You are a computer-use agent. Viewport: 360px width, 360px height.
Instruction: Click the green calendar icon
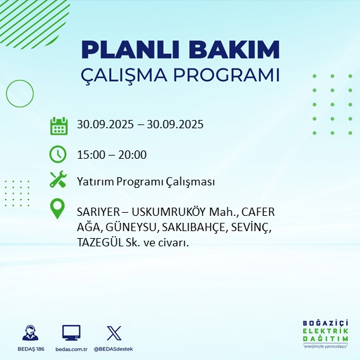58,125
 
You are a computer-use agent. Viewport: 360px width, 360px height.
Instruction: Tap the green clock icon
58,154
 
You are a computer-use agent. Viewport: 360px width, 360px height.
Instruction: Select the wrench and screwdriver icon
58,180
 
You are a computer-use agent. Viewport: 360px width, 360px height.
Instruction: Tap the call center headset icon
29,333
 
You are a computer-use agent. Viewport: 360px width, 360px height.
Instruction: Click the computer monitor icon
70,333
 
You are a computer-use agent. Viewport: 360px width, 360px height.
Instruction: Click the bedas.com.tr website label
70,349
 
